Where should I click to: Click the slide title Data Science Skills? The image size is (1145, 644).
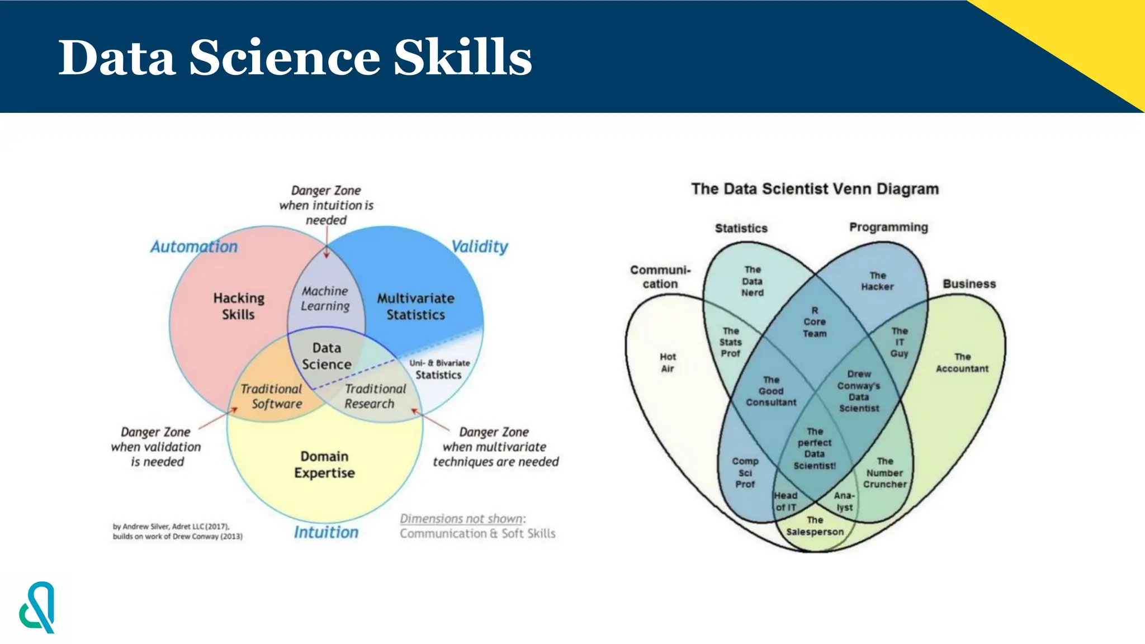[295, 57]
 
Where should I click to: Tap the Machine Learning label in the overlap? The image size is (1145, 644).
[325, 299]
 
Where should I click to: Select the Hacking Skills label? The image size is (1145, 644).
[239, 306]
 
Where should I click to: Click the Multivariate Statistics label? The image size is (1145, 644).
[415, 306]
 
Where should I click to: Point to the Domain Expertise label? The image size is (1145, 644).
[324, 465]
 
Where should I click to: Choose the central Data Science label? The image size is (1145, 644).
[327, 356]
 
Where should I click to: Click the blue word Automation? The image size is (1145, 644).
[193, 247]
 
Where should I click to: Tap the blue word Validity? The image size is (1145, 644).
[479, 247]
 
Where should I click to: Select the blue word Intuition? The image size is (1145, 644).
[326, 532]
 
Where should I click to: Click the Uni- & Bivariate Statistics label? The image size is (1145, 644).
[439, 370]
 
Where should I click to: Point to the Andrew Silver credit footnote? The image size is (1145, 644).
[177, 531]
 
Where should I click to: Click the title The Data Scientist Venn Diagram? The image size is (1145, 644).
[815, 189]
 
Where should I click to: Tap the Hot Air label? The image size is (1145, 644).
[668, 362]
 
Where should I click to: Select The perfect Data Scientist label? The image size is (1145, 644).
[815, 448]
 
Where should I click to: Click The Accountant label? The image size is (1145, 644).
[962, 363]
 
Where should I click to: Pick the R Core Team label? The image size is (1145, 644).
[815, 322]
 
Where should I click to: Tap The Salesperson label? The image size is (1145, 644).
[815, 526]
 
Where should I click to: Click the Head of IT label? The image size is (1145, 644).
[786, 501]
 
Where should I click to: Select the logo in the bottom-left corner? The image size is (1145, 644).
[37, 608]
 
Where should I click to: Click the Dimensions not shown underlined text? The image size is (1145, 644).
[462, 519]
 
